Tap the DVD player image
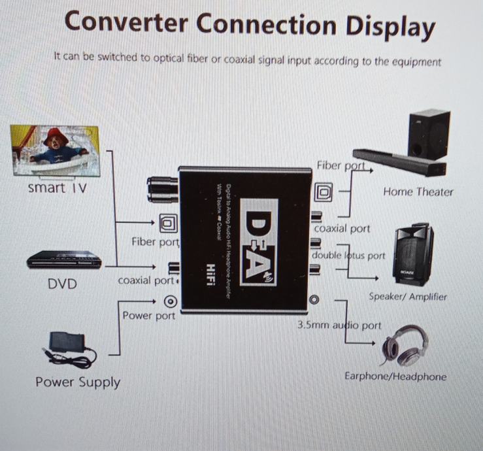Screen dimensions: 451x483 (x=64, y=260)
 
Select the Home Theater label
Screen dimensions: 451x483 (x=418, y=192)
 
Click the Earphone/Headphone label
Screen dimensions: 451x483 (x=395, y=376)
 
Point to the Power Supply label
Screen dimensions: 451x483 (x=78, y=382)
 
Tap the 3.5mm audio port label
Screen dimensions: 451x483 (x=339, y=325)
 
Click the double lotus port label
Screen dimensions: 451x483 (x=348, y=256)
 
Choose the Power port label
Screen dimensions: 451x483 (x=149, y=316)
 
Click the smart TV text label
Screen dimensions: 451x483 (x=58, y=188)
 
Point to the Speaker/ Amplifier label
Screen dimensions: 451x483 (x=408, y=297)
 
